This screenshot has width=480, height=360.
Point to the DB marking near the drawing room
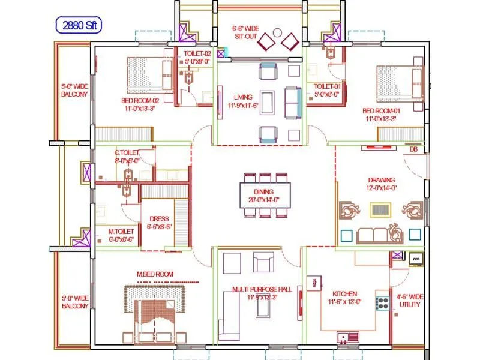[x=413, y=149]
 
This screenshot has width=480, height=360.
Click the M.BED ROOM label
[x=155, y=274]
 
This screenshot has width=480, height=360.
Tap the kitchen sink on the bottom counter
[x=344, y=338]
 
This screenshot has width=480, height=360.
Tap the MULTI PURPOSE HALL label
[x=262, y=293]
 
